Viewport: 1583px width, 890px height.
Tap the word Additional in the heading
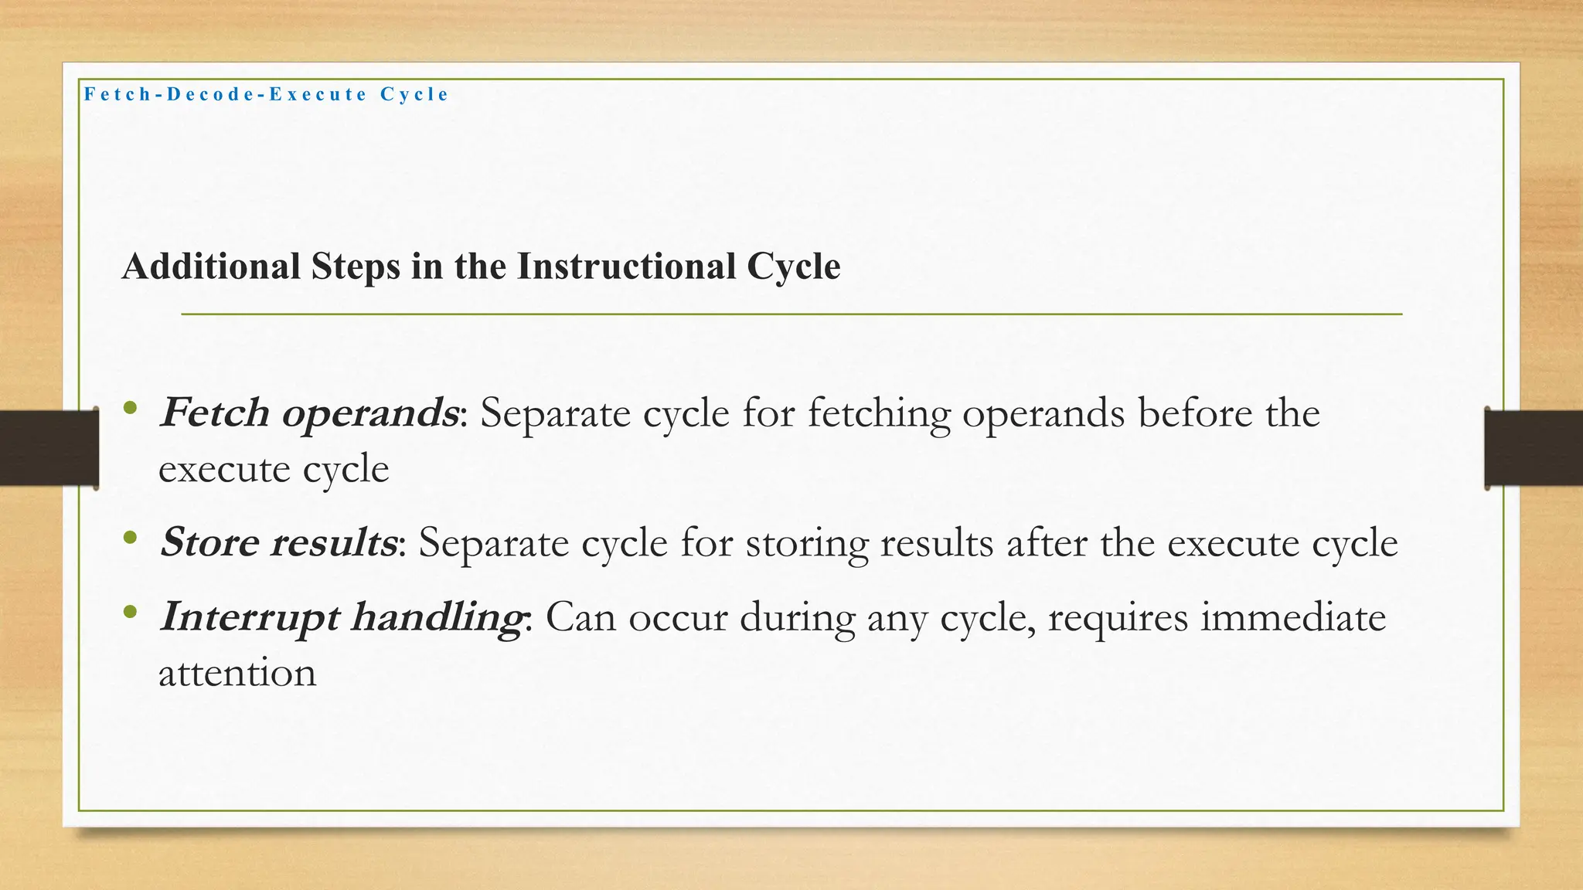pyautogui.click(x=211, y=267)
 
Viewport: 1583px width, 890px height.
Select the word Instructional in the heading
pyautogui.click(x=626, y=267)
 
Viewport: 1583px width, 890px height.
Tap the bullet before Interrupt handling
pyautogui.click(x=130, y=612)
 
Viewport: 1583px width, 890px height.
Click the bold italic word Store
pyautogui.click(x=209, y=542)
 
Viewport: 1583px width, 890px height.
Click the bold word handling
pyautogui.click(x=437, y=617)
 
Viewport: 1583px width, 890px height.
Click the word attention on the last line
pyautogui.click(x=237, y=673)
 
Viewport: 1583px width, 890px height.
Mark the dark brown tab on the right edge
pyautogui.click(x=1534, y=448)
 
